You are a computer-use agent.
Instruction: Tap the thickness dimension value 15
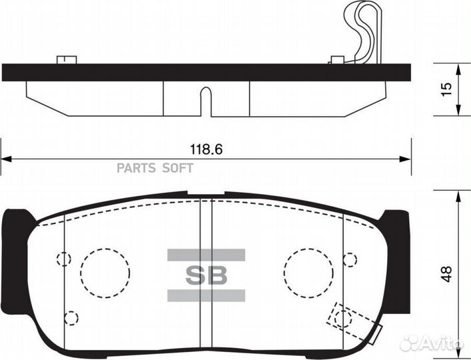(x=447, y=87)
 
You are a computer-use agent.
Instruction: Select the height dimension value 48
(x=448, y=273)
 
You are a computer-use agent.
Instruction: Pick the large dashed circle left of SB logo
(x=105, y=273)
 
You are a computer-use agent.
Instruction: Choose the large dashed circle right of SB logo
(x=308, y=273)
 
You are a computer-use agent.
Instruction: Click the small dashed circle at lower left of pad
(x=71, y=318)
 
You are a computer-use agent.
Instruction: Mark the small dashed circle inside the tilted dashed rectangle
(x=343, y=318)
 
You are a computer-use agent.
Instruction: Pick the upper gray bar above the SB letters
(x=205, y=255)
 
